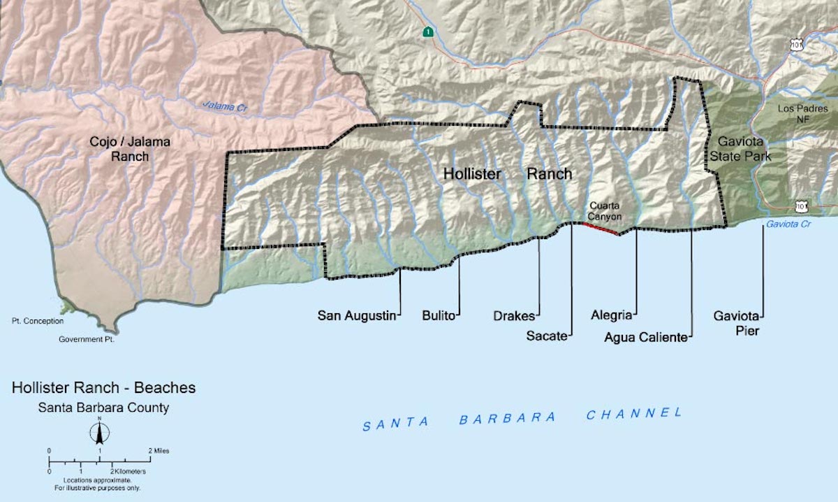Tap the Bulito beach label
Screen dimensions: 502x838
click(439, 315)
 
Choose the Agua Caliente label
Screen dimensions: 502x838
click(646, 337)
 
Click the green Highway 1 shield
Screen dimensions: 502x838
click(427, 31)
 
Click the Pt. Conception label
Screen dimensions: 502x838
click(37, 321)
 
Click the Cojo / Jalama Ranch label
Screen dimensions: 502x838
click(130, 149)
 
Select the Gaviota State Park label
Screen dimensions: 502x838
click(740, 150)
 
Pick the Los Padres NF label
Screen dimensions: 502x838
click(803, 114)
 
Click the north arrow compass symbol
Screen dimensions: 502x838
click(100, 433)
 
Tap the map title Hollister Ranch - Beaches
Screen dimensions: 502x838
click(103, 388)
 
